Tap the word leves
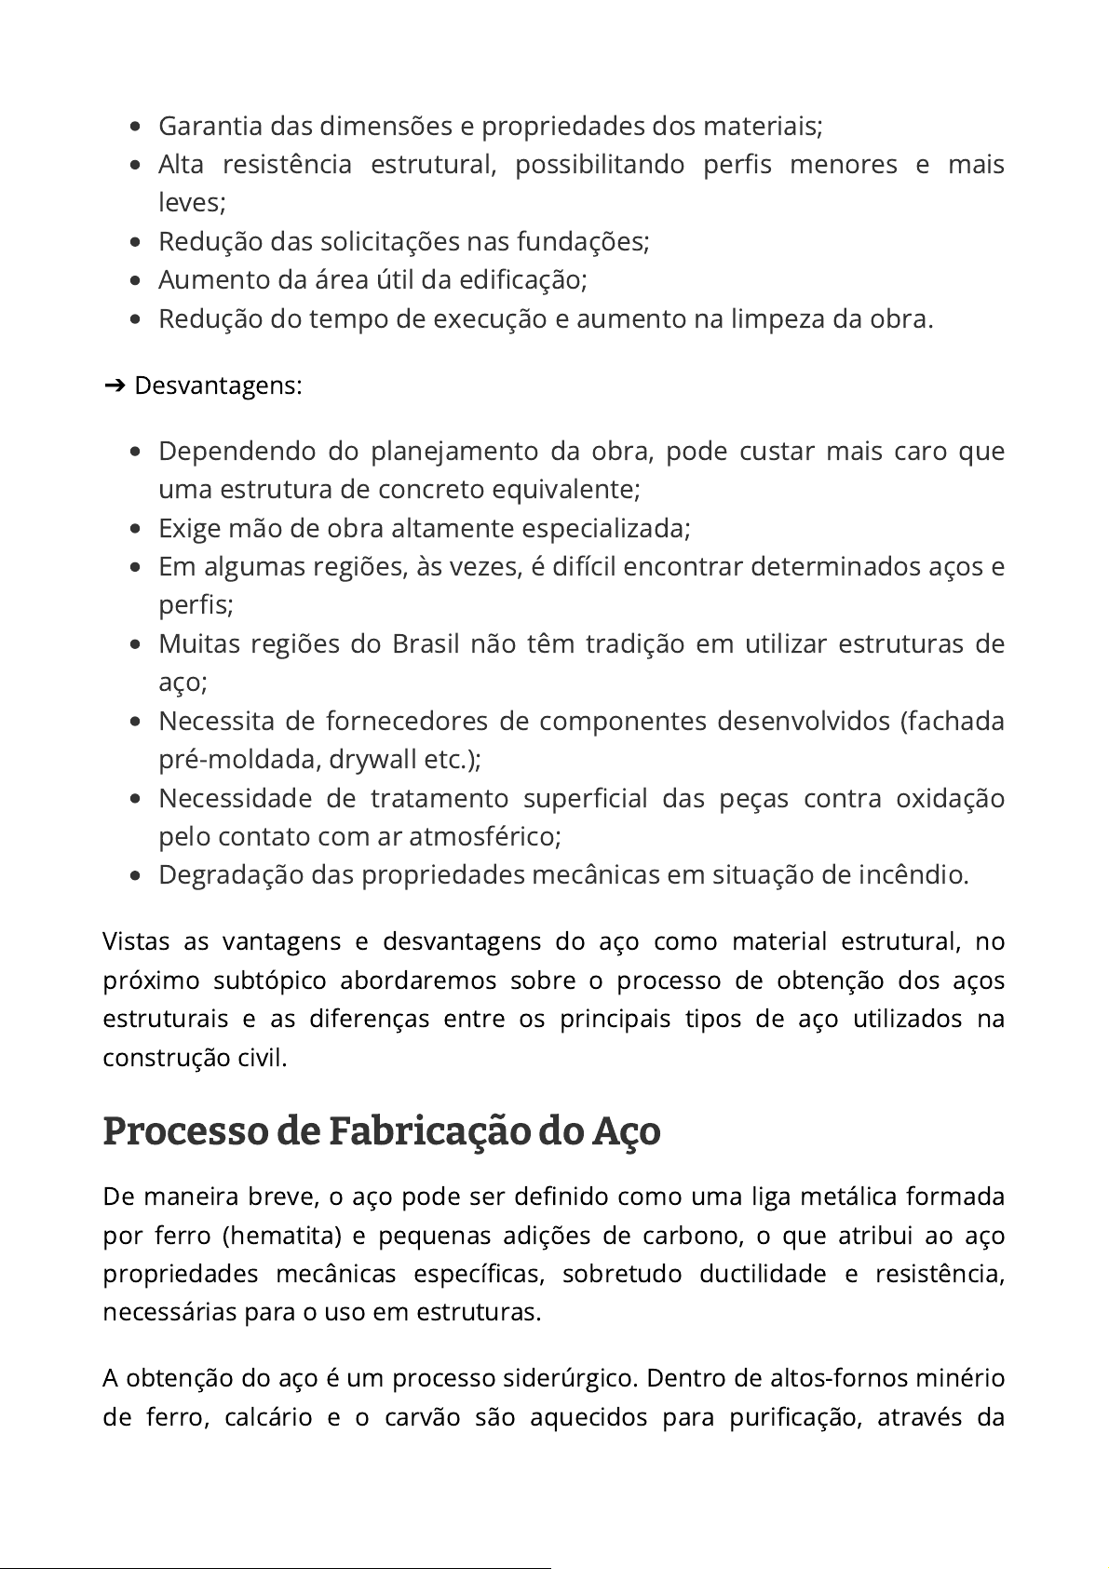[x=191, y=203]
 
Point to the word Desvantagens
[x=217, y=385]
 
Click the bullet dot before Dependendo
[x=136, y=452]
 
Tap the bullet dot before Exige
[x=136, y=529]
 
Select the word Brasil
[x=426, y=644]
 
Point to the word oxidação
[x=950, y=799]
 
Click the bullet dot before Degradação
[x=136, y=876]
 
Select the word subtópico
[x=270, y=981]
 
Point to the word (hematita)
[x=283, y=1236]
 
